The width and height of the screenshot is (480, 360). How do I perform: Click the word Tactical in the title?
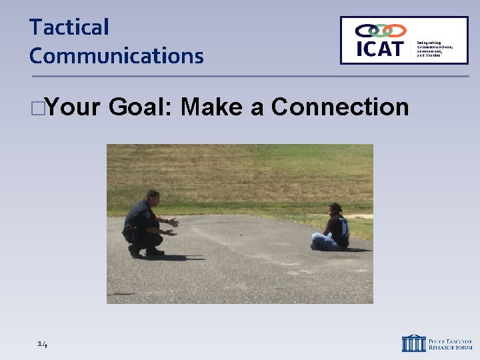click(x=69, y=27)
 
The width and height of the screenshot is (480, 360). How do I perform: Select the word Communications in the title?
click(x=116, y=56)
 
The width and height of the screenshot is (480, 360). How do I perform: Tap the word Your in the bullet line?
click(x=73, y=107)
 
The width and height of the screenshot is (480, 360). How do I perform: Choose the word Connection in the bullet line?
click(x=340, y=107)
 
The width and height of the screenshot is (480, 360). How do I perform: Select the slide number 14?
click(x=42, y=344)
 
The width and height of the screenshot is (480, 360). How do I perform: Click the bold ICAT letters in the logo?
click(x=379, y=49)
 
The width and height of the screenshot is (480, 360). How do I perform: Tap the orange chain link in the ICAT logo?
click(x=395, y=31)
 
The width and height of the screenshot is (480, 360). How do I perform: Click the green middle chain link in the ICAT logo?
click(x=380, y=31)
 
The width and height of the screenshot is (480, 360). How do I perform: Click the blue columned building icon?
click(x=413, y=343)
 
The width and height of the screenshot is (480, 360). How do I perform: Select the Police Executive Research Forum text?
click(x=449, y=343)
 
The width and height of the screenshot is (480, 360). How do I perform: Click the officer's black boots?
click(x=145, y=253)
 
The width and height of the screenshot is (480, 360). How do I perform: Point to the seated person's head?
click(x=335, y=209)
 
